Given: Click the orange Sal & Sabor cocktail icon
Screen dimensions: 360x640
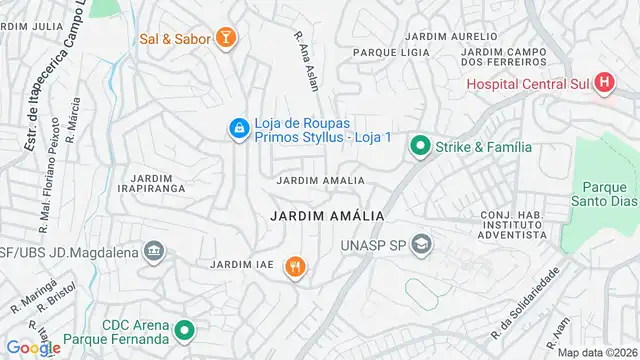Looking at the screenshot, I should click(x=229, y=39).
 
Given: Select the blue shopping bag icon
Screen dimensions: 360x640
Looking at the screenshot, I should click(x=239, y=128).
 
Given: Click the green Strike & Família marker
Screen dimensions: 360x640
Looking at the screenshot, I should click(x=418, y=147).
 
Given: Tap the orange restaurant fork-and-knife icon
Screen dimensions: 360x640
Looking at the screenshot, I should click(x=294, y=266).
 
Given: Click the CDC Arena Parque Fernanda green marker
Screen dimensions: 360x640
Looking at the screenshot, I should click(x=184, y=329).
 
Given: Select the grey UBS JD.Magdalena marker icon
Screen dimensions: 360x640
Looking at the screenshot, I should click(x=153, y=249).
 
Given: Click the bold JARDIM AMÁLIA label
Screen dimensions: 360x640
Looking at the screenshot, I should click(x=327, y=216).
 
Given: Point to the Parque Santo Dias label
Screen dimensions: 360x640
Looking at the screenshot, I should click(x=603, y=194).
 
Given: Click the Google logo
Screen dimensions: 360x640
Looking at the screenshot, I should click(x=32, y=348).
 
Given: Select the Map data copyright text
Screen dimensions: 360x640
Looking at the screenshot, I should click(x=596, y=352).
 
